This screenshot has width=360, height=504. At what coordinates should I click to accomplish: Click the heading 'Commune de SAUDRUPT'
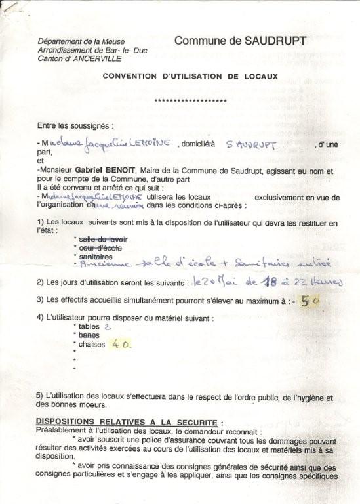point(240,41)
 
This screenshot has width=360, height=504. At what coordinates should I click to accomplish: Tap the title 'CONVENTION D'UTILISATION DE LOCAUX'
point(190,76)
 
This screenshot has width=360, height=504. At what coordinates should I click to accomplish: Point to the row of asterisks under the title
point(190,101)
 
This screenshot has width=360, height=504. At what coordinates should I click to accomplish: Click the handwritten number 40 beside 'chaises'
point(120,343)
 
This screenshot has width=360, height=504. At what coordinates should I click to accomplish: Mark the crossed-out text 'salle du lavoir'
point(103,238)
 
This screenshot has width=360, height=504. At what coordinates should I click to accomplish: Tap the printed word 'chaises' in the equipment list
point(91,344)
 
